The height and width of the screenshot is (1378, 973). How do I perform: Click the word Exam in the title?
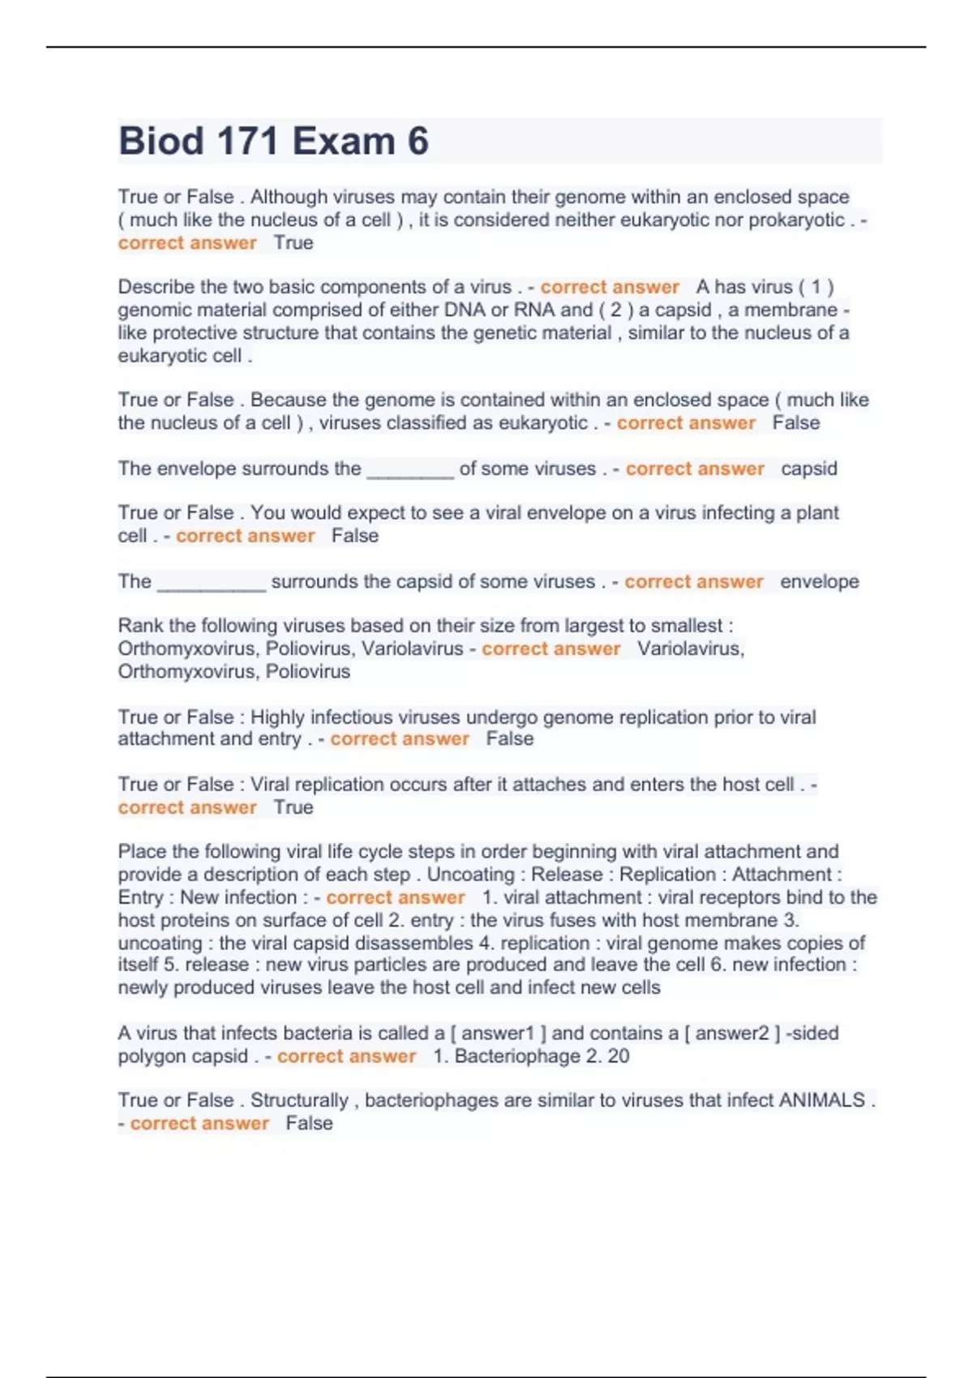coord(343,141)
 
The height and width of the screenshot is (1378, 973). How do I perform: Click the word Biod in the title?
coord(161,141)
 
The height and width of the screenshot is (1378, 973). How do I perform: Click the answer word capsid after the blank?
coord(808,469)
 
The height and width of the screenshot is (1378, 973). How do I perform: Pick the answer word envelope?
coord(819,581)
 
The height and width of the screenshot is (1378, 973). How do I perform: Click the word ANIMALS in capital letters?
coord(821,1100)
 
